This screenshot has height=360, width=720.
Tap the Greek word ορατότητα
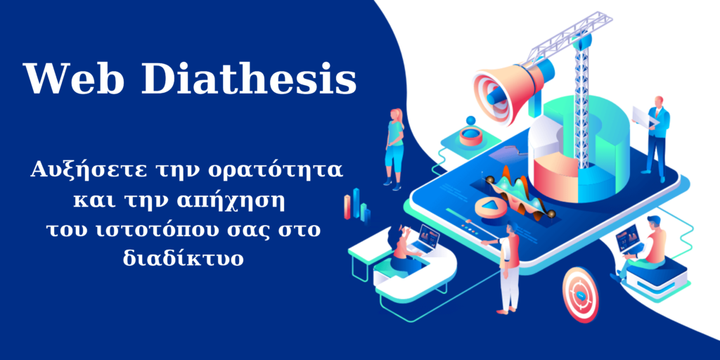click(275, 171)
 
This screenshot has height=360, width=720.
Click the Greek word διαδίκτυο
click(182, 258)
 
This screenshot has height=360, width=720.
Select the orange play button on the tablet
click(491, 206)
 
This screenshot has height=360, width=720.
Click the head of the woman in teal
click(397, 115)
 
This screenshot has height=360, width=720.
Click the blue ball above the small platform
click(470, 121)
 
